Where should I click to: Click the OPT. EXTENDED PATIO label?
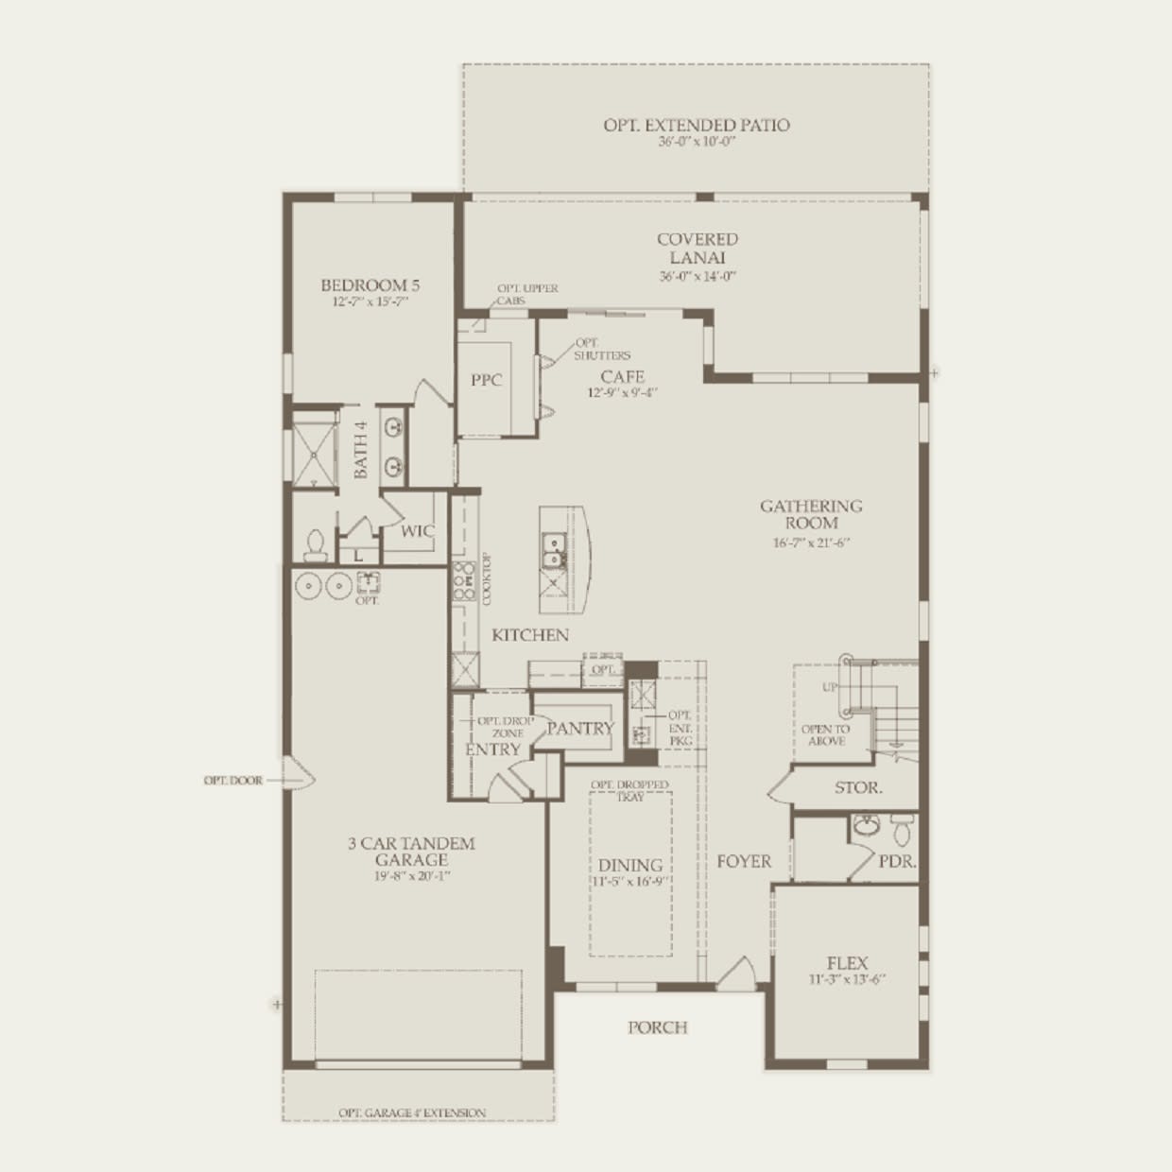pyautogui.click(x=697, y=125)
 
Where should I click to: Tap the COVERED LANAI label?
pyautogui.click(x=698, y=249)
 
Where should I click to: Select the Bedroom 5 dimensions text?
pyautogui.click(x=370, y=302)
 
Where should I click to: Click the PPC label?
pyautogui.click(x=487, y=380)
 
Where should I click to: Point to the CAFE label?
pyautogui.click(x=623, y=376)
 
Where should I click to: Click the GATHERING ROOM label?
pyautogui.click(x=811, y=514)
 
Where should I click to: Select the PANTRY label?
pyautogui.click(x=580, y=728)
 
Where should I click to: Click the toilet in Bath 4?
pyautogui.click(x=315, y=546)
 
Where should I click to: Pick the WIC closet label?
pyautogui.click(x=418, y=531)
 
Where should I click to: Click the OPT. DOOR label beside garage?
pyautogui.click(x=233, y=781)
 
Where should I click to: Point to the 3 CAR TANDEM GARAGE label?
pyautogui.click(x=411, y=852)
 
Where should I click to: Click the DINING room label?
pyautogui.click(x=629, y=865)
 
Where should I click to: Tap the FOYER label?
pyautogui.click(x=744, y=861)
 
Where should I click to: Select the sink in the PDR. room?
pyautogui.click(x=866, y=827)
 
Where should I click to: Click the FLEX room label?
pyautogui.click(x=847, y=963)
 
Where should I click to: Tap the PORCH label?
pyautogui.click(x=658, y=1027)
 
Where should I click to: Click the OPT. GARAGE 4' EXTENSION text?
pyautogui.click(x=412, y=1112)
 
